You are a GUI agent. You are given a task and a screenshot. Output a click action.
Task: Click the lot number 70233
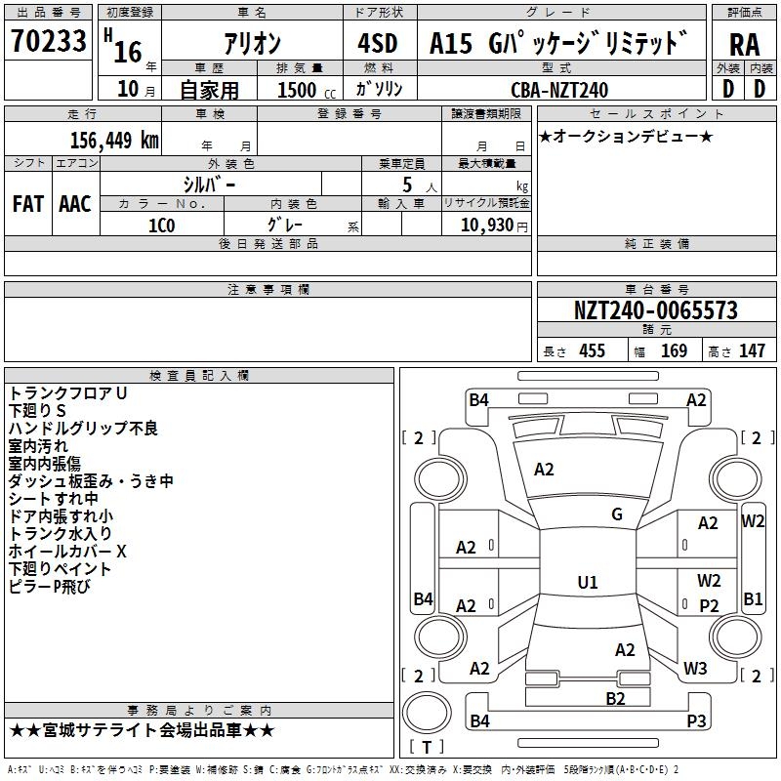pyautogui.click(x=49, y=43)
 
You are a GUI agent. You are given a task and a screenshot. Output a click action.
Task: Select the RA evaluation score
pyautogui.click(x=744, y=45)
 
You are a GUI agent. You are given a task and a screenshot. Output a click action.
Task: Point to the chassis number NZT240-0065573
pyautogui.click(x=656, y=311)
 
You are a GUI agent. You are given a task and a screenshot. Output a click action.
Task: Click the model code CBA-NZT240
pyautogui.click(x=559, y=90)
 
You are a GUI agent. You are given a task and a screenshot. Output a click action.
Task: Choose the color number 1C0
pyautogui.click(x=161, y=225)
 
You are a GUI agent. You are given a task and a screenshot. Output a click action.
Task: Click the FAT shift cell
pyautogui.click(x=27, y=203)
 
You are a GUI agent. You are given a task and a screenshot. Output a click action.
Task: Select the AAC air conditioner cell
pyautogui.click(x=75, y=203)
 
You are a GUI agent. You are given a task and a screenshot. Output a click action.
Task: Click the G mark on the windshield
pyautogui.click(x=617, y=514)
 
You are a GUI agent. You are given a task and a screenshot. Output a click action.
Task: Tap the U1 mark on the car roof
pyautogui.click(x=588, y=583)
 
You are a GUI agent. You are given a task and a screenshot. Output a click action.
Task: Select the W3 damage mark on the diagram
pyautogui.click(x=695, y=669)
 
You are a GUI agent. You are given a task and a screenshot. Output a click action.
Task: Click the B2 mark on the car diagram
pyautogui.click(x=615, y=698)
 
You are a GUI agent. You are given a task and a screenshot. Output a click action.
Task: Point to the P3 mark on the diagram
pyautogui.click(x=695, y=721)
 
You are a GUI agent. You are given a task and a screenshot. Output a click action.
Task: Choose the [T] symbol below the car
pyautogui.click(x=426, y=747)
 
